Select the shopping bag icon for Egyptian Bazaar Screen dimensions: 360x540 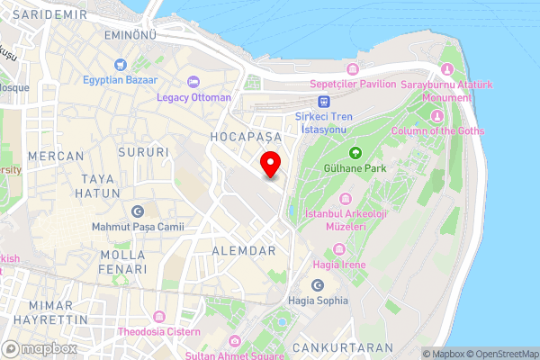pos(120,64)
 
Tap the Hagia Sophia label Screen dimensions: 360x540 pos(318,301)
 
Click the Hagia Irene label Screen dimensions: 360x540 pos(340,265)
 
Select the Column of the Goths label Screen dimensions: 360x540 pos(437,130)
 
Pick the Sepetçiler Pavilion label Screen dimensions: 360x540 pos(353,84)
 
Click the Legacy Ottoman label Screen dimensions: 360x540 pos(193,97)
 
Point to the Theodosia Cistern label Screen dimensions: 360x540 pos(158,331)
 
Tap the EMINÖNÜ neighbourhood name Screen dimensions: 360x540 pos(131,34)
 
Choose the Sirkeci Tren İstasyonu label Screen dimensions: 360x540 pos(325,123)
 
